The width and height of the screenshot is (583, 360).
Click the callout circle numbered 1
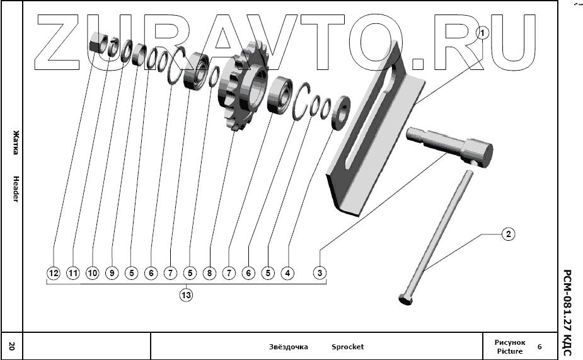click(x=482, y=33)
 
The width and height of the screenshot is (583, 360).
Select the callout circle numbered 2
click(x=508, y=235)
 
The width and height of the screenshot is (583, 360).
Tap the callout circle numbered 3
click(x=321, y=273)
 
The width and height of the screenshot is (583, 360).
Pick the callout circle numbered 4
click(x=287, y=273)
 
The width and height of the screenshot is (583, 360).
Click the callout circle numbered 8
click(x=210, y=273)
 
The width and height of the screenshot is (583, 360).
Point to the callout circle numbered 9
click(x=112, y=273)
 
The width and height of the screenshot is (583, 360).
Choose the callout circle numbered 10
click(x=93, y=273)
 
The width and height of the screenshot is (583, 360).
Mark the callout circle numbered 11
click(x=73, y=273)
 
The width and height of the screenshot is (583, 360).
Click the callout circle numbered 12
click(x=54, y=273)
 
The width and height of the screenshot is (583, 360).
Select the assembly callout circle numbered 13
click(x=186, y=294)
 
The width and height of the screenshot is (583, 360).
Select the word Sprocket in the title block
click(x=347, y=347)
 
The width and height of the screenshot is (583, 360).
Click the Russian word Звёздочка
click(x=288, y=347)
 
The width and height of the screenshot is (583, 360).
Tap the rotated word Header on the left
click(x=15, y=189)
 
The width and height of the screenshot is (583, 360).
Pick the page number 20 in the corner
click(x=11, y=346)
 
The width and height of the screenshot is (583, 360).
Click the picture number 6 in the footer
click(x=540, y=347)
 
